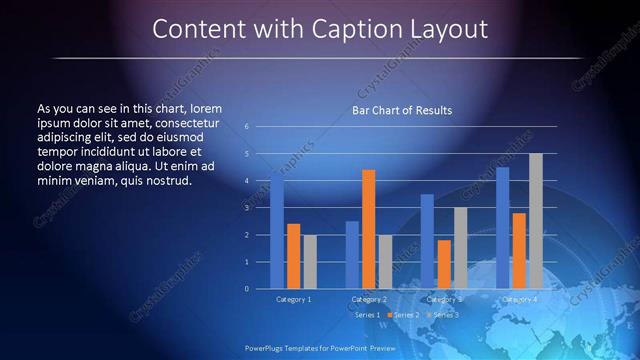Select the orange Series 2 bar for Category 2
pyautogui.click(x=368, y=229)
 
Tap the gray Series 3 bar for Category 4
pyautogui.click(x=535, y=221)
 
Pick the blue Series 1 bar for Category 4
pyautogui.click(x=502, y=228)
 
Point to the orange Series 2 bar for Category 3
pyautogui.click(x=443, y=264)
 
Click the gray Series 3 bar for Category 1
pyautogui.click(x=310, y=261)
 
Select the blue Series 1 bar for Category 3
pyautogui.click(x=427, y=241)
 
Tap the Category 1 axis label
pyautogui.click(x=293, y=298)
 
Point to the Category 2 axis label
pyautogui.click(x=368, y=298)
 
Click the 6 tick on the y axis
pyautogui.click(x=246, y=127)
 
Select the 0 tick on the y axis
pyautogui.click(x=246, y=288)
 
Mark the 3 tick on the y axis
pyautogui.click(x=246, y=208)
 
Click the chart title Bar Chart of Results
pyautogui.click(x=402, y=110)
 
